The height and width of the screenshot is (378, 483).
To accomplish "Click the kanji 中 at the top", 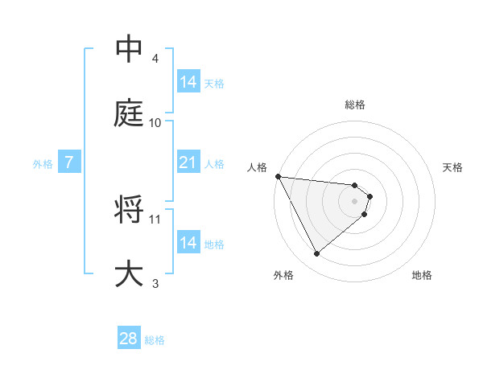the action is tap(130, 49).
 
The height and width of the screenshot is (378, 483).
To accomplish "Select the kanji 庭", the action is tap(130, 113).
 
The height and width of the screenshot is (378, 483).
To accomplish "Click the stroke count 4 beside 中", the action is tap(155, 59).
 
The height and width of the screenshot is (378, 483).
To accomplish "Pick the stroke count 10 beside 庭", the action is tap(155, 123).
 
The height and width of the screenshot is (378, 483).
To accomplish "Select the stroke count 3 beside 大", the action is tap(155, 283).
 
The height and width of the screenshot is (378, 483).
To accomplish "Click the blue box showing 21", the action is tap(188, 162).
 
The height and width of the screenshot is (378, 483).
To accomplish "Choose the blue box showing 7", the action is tap(69, 162).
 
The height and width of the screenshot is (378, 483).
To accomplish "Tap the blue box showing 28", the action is tap(128, 339).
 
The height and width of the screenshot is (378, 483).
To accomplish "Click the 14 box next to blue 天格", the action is tap(188, 82).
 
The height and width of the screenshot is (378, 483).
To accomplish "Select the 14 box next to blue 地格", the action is tap(188, 243).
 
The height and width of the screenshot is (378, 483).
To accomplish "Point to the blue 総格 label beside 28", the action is tap(155, 340).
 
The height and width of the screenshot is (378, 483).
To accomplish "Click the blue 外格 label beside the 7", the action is tap(43, 164).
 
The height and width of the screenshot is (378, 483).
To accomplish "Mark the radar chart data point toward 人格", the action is tap(278, 176).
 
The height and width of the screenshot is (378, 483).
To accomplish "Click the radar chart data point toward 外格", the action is tap(317, 253).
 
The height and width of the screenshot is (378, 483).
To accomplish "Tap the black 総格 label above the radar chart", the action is tap(355, 105).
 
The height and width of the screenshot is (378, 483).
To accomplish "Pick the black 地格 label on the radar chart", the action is tap(422, 275).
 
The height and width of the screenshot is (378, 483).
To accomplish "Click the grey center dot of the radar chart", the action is tap(355, 201).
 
